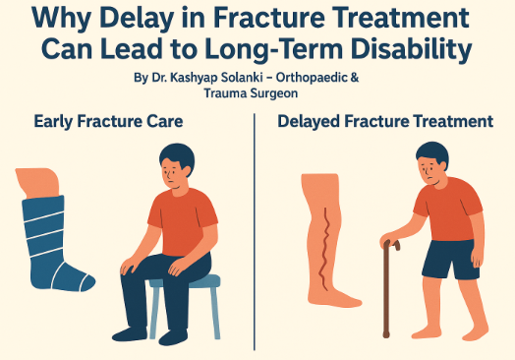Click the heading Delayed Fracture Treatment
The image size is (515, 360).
[x=384, y=123]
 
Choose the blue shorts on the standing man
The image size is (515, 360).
[x=448, y=259]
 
